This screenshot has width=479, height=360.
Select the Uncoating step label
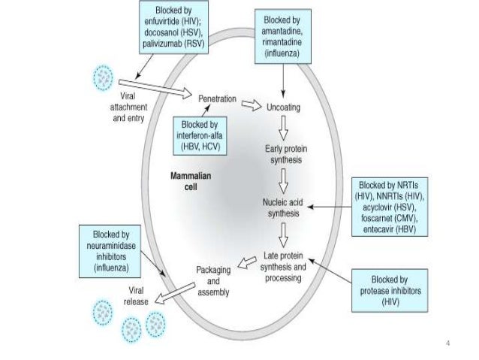(x=284, y=107)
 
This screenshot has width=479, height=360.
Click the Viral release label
(x=135, y=293)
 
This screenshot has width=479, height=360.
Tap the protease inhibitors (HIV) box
(x=390, y=289)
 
